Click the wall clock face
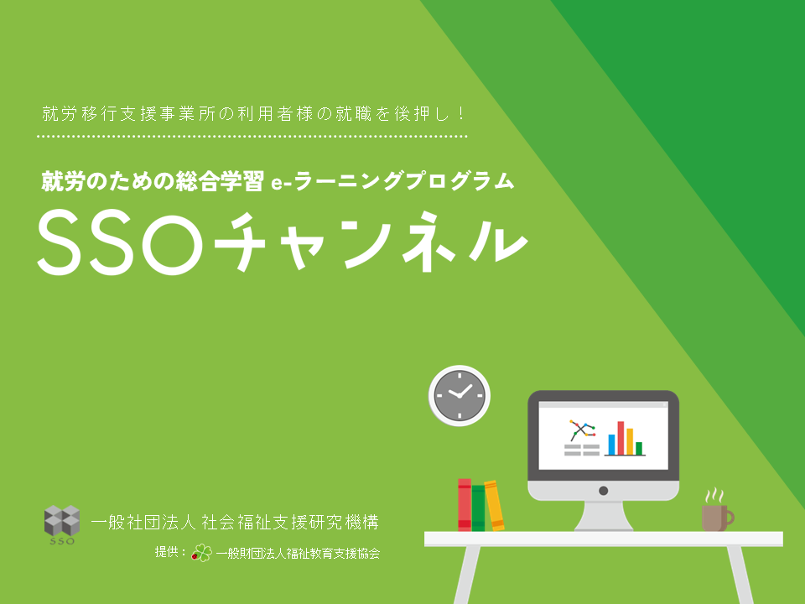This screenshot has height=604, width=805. pyautogui.click(x=460, y=395)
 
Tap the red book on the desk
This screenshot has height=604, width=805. pyautogui.click(x=465, y=505)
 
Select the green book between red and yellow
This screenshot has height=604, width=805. pyautogui.click(x=479, y=508)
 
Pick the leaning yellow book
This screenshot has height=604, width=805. pyautogui.click(x=494, y=506)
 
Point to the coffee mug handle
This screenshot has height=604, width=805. pyautogui.click(x=730, y=518)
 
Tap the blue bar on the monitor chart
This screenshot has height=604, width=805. pyautogui.click(x=611, y=445)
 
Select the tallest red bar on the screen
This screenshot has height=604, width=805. pyautogui.click(x=621, y=438)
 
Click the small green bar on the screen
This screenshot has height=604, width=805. pyautogui.click(x=639, y=448)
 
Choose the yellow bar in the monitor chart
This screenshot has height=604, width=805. pyautogui.click(x=630, y=442)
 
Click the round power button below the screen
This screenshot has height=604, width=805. pyautogui.click(x=604, y=491)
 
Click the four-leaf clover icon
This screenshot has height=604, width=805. pyautogui.click(x=202, y=553)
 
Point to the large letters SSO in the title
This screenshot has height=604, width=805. pyautogui.click(x=119, y=242)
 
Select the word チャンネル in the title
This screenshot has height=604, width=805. pyautogui.click(x=371, y=242)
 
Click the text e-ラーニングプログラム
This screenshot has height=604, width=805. pyautogui.click(x=392, y=181)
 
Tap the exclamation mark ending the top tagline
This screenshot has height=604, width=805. pyautogui.click(x=462, y=113)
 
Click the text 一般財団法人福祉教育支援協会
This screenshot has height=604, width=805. pyautogui.click(x=298, y=553)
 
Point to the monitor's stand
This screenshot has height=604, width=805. pyautogui.click(x=604, y=515)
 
